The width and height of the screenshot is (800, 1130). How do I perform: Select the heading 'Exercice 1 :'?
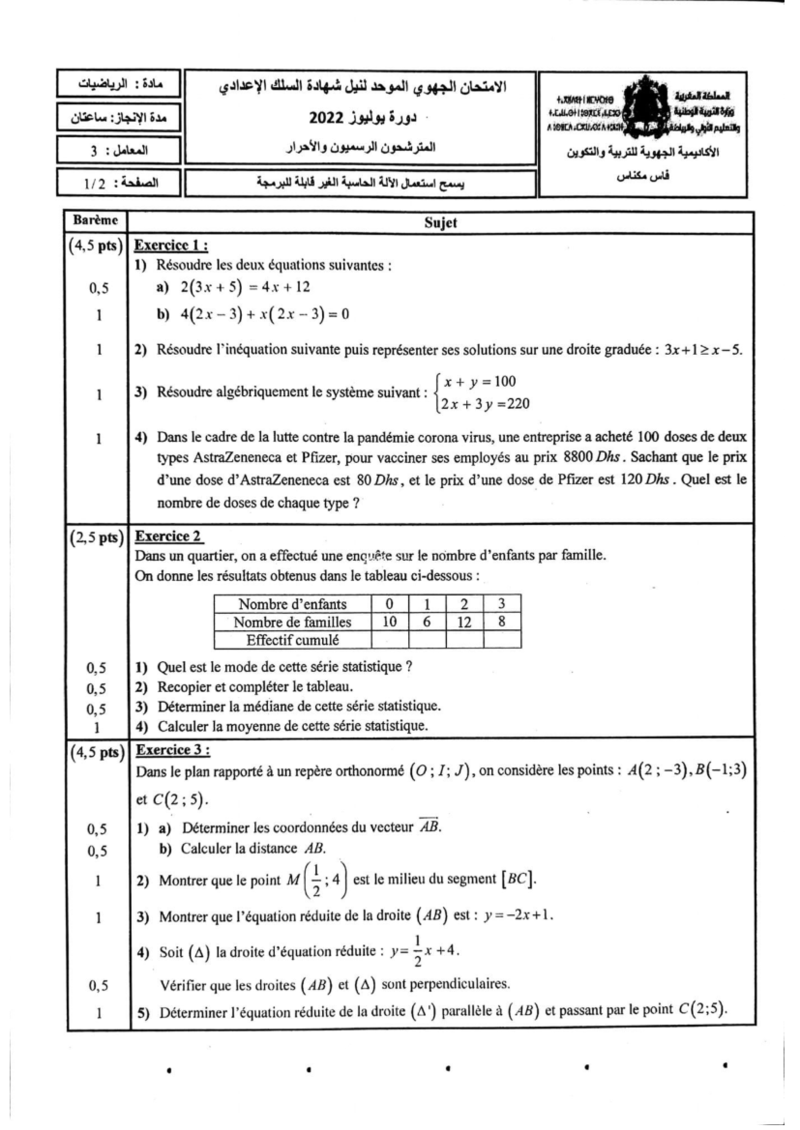coord(171,245)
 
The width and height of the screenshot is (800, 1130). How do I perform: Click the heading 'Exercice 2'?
coord(169,536)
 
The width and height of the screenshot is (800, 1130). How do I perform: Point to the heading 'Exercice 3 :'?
coord(173,750)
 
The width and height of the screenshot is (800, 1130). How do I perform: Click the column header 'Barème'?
coord(95,221)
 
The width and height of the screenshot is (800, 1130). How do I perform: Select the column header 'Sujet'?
coord(441,223)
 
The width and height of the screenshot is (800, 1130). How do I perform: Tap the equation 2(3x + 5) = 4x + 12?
coord(245,287)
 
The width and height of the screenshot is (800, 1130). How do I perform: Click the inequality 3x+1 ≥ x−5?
coord(702,350)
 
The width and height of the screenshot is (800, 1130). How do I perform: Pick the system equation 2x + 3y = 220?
coord(485,403)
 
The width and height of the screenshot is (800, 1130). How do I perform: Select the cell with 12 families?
coord(464,622)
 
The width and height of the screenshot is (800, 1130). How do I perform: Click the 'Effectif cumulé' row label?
coord(292,640)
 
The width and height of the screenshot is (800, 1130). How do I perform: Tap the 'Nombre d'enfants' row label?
coord(292,604)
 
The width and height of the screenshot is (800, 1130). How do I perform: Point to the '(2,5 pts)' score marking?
coord(97,538)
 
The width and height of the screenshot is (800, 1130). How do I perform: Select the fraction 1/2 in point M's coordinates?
coord(316,880)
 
